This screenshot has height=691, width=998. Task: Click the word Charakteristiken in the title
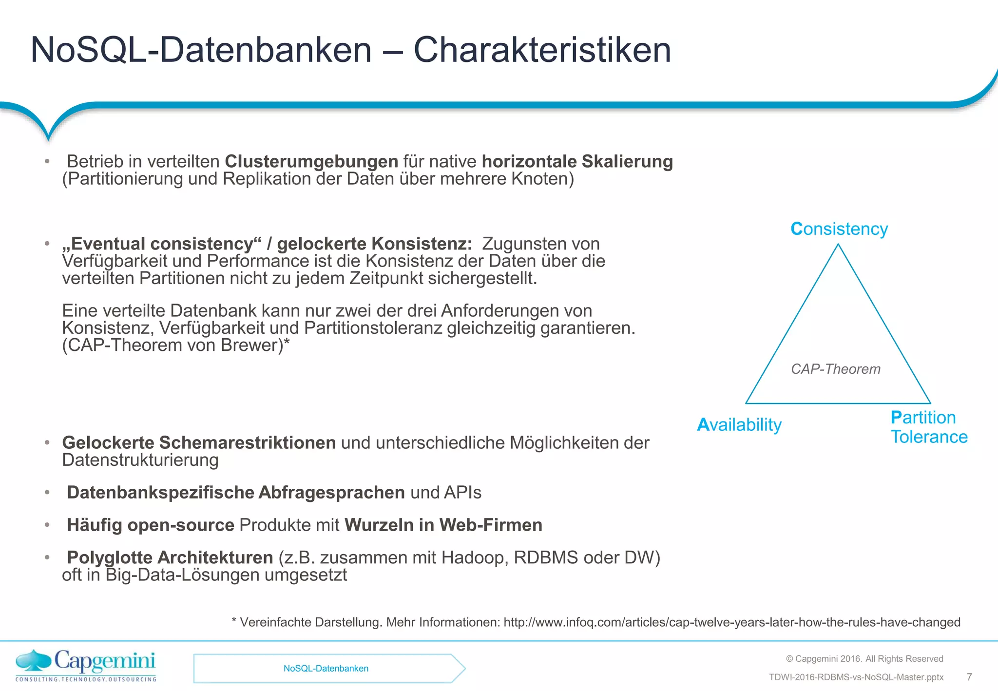point(542,50)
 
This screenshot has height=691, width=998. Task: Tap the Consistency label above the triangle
point(839,229)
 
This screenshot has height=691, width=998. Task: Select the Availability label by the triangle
point(739,424)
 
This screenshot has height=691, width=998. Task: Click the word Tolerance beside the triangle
point(929,437)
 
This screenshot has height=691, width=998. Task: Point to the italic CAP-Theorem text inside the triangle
point(835,369)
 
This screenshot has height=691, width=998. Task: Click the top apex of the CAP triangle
point(838,245)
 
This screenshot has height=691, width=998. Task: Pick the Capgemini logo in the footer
point(86,665)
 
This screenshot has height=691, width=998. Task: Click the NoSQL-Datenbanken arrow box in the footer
point(326,669)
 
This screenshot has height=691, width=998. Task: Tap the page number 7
point(969,677)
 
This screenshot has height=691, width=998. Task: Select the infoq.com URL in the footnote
point(731,622)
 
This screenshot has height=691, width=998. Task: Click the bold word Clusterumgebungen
point(311,161)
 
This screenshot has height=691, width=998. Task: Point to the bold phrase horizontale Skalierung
point(577,161)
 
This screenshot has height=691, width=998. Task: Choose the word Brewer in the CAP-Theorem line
point(251,345)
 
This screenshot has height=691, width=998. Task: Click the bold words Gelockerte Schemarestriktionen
point(199,442)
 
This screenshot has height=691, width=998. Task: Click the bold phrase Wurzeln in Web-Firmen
point(443,525)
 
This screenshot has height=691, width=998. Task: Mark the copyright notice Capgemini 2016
point(864,659)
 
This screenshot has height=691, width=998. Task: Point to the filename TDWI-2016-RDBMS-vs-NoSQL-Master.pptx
point(856,677)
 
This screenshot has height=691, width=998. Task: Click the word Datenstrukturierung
point(140,460)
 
